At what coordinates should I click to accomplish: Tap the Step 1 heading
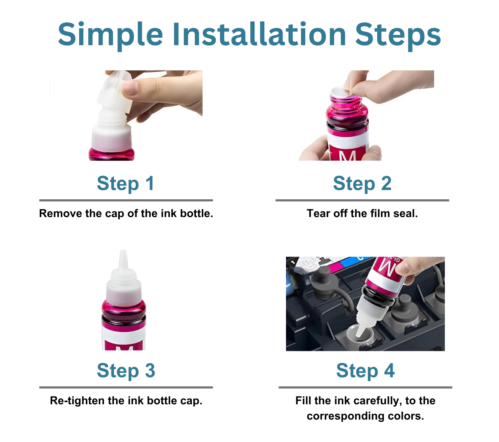126,184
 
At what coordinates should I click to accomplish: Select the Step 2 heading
362,184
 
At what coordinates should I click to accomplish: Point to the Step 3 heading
126,371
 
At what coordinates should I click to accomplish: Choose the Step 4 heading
365,371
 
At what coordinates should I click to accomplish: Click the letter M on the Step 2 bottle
347,156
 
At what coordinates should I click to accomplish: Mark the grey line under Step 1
126,200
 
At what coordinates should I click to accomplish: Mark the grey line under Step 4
365,387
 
